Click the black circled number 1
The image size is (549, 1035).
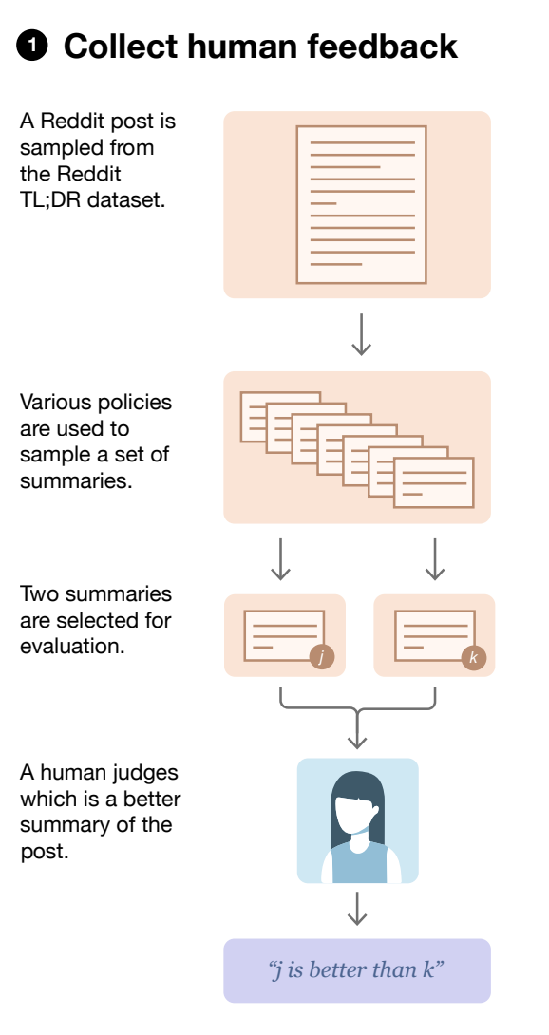(x=31, y=47)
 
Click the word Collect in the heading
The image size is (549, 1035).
(x=121, y=47)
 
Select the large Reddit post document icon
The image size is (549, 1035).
(x=361, y=204)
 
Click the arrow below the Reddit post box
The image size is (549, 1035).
(x=361, y=334)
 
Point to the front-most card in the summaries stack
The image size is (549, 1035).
(x=434, y=482)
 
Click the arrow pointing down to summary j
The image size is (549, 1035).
(x=281, y=559)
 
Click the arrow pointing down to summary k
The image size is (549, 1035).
(x=435, y=559)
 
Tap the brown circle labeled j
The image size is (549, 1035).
(x=322, y=657)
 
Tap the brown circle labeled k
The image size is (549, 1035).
(x=473, y=657)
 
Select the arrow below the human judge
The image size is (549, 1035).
(x=357, y=909)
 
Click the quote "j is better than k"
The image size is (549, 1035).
(x=357, y=969)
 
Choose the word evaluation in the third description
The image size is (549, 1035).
(x=72, y=646)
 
